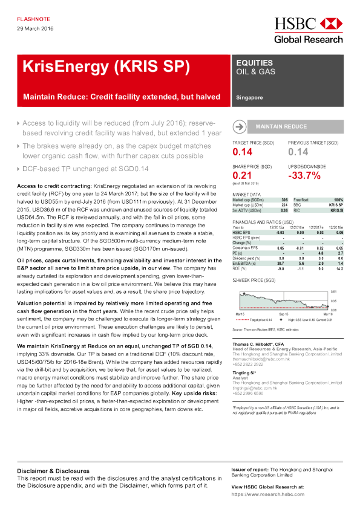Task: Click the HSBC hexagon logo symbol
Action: click(330, 24)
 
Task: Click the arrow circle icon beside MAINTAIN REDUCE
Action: click(240, 127)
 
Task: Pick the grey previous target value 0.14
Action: click(298, 152)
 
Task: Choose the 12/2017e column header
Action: click(315, 227)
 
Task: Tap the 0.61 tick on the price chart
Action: click(333, 291)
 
